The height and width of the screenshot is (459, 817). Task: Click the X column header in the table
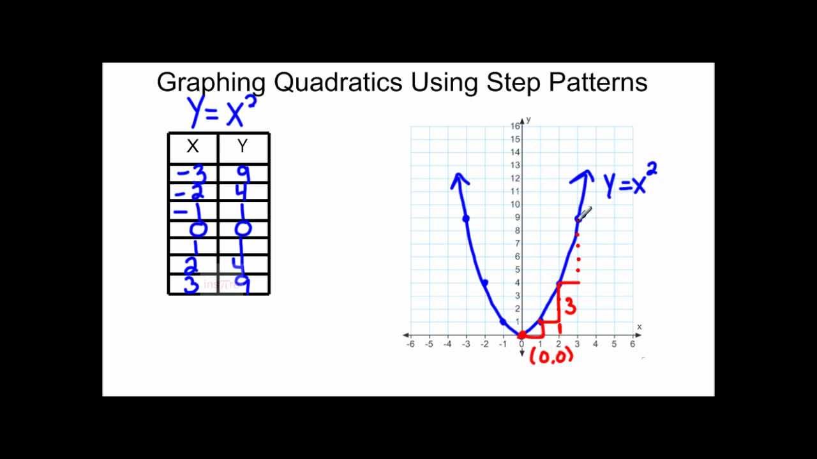point(192,147)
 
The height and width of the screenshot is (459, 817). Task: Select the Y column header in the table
point(243,147)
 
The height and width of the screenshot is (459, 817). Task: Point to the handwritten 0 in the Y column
point(243,229)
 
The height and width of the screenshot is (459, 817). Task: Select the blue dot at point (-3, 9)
point(466,219)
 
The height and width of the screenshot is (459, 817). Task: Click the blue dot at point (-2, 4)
point(485,283)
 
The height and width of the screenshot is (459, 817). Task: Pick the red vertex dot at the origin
point(521,335)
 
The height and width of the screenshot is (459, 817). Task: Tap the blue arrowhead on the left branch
point(459,180)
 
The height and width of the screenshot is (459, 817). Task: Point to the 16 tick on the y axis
point(515,126)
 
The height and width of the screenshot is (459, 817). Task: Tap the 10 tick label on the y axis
point(515,205)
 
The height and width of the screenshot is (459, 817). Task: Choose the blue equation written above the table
point(223,112)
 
